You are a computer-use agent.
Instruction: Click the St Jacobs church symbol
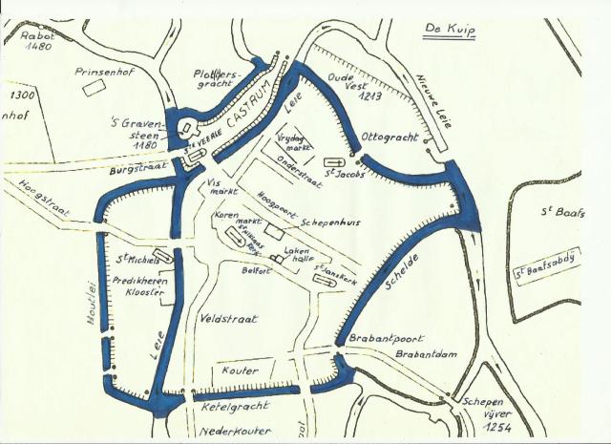(x=334, y=161)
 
